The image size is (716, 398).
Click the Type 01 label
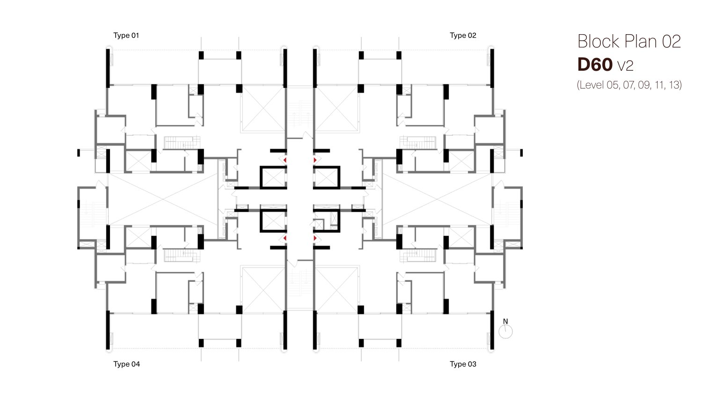[126, 36]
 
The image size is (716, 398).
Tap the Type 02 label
[463, 36]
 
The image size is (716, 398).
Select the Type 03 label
[463, 364]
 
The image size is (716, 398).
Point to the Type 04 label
[126, 364]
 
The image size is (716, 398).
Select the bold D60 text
[595, 65]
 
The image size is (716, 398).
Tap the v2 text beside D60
[626, 66]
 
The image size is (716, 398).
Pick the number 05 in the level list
[613, 85]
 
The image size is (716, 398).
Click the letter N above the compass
[505, 321]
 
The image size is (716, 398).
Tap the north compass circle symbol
[506, 332]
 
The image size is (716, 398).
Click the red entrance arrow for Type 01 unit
[285, 160]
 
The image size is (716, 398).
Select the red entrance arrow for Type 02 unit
[315, 160]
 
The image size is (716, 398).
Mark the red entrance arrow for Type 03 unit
[315, 239]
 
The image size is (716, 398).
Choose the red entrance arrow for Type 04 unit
[285, 239]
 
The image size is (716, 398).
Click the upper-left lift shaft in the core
[273, 177]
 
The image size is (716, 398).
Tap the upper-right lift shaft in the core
[326, 177]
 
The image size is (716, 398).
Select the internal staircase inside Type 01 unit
[182, 143]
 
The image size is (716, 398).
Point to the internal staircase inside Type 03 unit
[418, 256]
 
